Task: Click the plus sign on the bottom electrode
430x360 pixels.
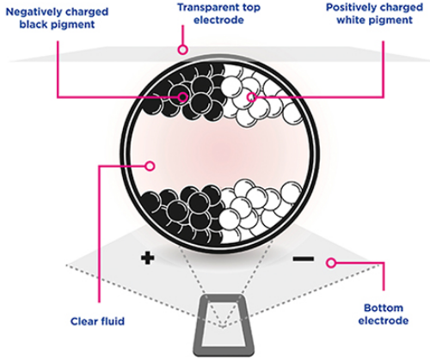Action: click(148, 259)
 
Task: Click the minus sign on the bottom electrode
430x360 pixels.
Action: click(304, 259)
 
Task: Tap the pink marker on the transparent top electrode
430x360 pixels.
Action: click(182, 50)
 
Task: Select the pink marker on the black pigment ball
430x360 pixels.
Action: click(182, 97)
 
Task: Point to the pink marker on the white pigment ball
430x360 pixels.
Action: click(251, 97)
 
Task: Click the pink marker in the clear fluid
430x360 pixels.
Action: click(150, 166)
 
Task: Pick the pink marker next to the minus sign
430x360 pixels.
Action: click(331, 263)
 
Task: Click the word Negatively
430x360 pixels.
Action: click(34, 12)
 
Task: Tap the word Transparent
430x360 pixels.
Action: click(206, 8)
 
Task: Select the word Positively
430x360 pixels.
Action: click(350, 7)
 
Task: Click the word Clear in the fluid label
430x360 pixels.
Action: click(83, 321)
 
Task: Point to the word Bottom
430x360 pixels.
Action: click(384, 308)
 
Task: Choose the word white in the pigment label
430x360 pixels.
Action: click(351, 20)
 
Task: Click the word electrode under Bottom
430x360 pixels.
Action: click(384, 320)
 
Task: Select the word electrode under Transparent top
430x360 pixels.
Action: click(218, 20)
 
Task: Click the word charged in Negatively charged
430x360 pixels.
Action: click(86, 12)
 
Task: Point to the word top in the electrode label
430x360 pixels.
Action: click(249, 8)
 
